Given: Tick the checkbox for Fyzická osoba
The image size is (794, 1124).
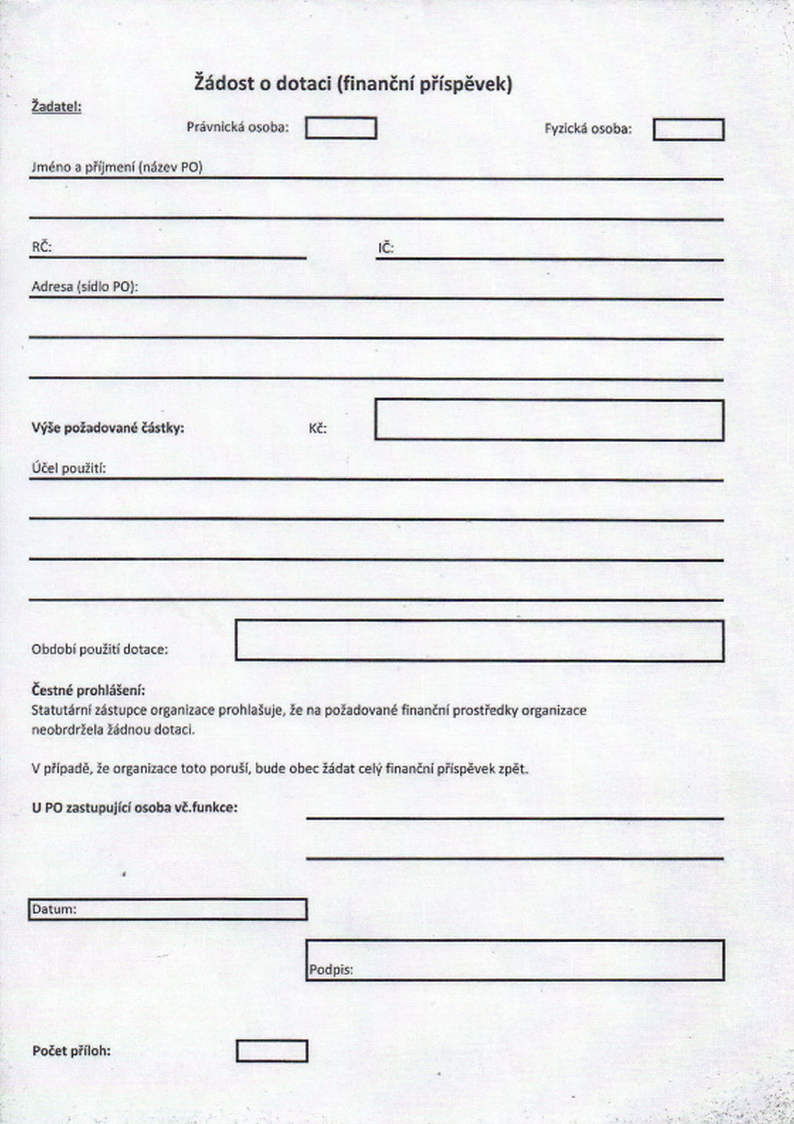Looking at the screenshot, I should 688,130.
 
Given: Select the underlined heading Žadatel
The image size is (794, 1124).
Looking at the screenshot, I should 56,106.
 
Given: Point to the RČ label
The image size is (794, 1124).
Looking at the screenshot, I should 42,247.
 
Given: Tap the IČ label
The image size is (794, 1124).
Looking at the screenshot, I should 385,248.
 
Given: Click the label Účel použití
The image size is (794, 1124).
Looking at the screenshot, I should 69,469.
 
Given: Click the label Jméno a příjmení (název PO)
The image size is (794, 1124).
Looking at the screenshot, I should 117,167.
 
